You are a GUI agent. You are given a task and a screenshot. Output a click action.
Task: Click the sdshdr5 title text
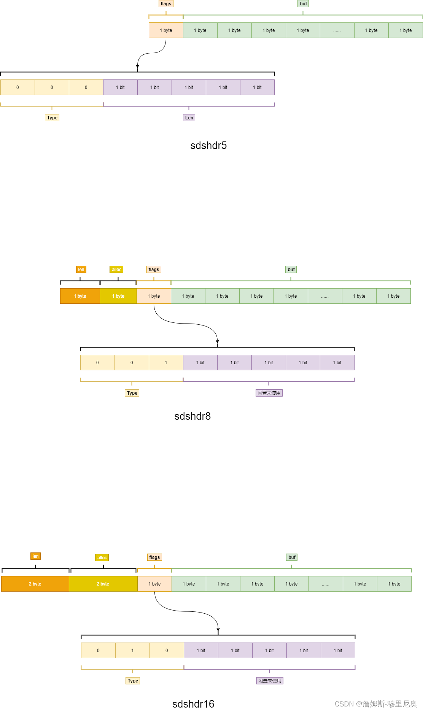[208, 146]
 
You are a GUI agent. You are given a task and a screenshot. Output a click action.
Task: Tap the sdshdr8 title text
[192, 416]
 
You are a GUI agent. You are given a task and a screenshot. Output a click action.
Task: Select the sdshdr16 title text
[193, 704]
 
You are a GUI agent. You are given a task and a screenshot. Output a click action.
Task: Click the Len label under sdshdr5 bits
[189, 118]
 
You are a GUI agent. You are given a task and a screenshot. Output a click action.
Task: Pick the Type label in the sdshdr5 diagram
[52, 118]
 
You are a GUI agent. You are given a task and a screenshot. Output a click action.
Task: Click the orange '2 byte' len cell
[35, 584]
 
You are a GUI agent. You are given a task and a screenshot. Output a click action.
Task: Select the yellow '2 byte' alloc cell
[103, 584]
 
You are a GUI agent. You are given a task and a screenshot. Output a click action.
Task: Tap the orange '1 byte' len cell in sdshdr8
[80, 296]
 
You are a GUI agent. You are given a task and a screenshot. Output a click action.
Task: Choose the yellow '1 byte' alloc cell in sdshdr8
[118, 296]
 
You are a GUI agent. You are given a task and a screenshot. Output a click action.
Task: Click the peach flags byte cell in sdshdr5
[166, 30]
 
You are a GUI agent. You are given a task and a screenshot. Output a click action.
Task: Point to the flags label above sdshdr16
[154, 557]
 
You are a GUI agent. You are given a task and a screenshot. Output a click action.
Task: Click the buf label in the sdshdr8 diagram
[291, 270]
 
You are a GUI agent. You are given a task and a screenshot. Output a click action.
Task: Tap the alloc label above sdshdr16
[102, 558]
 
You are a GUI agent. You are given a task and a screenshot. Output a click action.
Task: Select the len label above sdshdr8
[81, 270]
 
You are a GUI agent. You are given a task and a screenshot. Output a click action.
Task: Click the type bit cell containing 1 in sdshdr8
[166, 363]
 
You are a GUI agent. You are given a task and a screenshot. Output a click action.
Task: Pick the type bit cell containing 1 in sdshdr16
[132, 651]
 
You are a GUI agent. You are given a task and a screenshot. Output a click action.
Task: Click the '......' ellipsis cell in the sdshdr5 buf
[337, 30]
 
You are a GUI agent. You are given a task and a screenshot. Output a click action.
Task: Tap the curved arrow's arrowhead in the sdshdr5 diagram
[137, 67]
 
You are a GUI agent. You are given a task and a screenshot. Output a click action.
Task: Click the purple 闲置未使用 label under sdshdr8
[269, 393]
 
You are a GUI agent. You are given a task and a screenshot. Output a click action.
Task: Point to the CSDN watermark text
[376, 704]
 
